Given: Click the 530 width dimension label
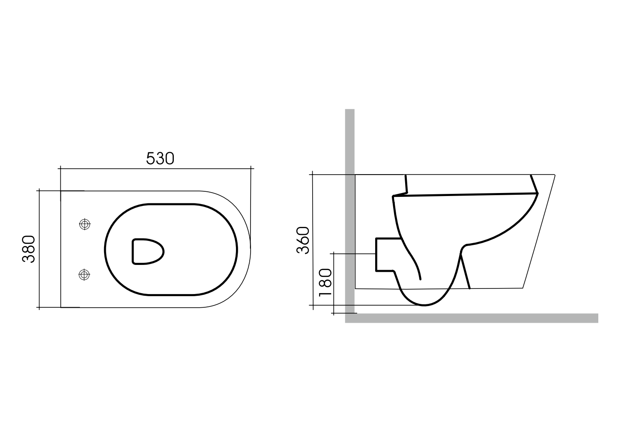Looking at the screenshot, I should [x=160, y=158].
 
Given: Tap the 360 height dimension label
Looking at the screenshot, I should [x=303, y=240].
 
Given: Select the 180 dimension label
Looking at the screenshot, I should [x=326, y=283].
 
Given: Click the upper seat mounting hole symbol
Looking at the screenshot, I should [x=85, y=224].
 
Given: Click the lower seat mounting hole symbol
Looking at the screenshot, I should [x=85, y=274].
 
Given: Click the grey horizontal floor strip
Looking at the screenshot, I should [x=471, y=318].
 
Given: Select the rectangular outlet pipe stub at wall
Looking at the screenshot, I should [x=384, y=255].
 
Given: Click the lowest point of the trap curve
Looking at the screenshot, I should [x=424, y=305].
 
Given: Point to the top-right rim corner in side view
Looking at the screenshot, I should [x=554, y=175].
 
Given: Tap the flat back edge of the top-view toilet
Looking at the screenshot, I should [x=61, y=249].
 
